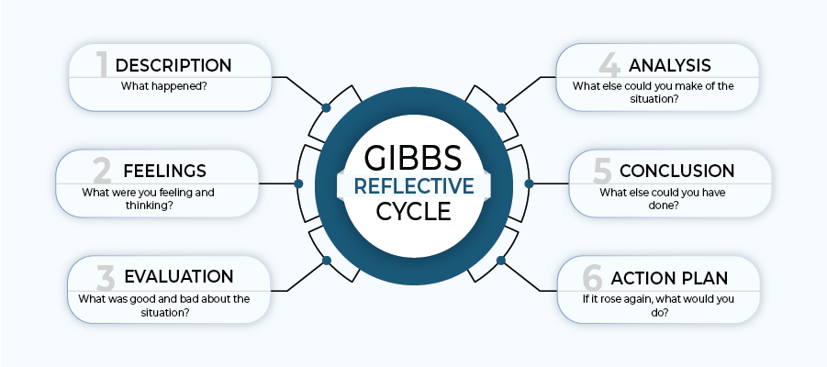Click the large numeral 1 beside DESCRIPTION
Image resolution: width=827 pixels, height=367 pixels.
click(103, 64)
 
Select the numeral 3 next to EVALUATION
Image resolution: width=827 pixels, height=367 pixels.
click(104, 276)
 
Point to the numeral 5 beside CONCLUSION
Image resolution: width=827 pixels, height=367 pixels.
click(602, 171)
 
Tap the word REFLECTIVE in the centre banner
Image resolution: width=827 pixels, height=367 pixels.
click(414, 185)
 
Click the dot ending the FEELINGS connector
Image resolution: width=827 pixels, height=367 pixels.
click(298, 183)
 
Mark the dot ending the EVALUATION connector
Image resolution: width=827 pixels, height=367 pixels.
click(325, 260)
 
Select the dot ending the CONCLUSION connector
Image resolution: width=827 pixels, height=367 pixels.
click(528, 183)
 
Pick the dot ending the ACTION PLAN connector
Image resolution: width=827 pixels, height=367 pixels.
click(501, 260)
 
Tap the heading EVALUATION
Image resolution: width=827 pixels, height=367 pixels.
click(179, 276)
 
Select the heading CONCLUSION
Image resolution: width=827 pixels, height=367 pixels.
click(676, 171)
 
